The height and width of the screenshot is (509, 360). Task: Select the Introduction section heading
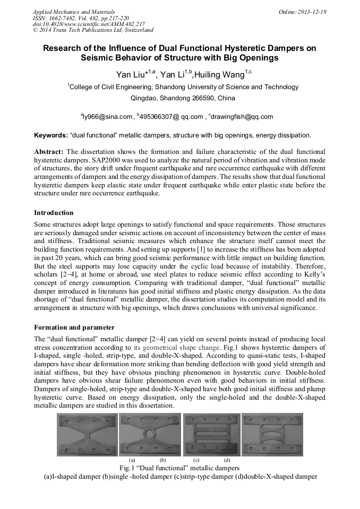pyautogui.click(x=54, y=212)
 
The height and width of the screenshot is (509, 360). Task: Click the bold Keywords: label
pyautogui.click(x=50, y=135)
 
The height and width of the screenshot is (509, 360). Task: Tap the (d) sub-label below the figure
pyautogui.click(x=227, y=459)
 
